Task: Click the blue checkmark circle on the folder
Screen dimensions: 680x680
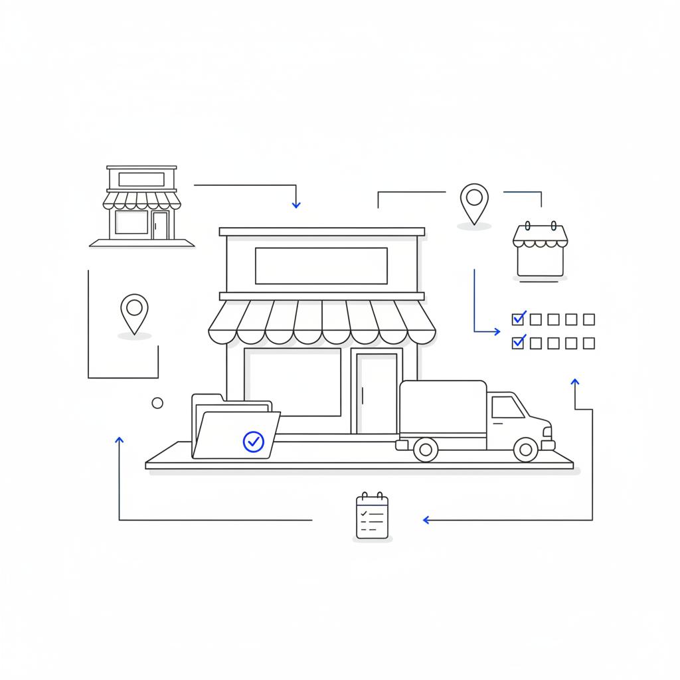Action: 254,441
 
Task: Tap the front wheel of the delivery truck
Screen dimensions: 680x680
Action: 525,450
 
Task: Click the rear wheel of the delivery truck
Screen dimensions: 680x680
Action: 426,450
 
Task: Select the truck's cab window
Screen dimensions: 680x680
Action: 508,407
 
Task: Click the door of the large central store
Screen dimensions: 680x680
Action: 377,392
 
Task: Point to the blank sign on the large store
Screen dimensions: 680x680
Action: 321,266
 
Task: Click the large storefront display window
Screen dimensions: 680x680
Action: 293,382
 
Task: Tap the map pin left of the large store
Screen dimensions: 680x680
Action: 134,311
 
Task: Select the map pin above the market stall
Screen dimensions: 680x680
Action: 473,201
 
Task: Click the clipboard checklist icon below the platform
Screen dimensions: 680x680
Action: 372,516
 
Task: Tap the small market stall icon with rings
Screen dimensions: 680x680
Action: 540,250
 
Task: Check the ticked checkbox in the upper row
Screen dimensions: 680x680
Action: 518,319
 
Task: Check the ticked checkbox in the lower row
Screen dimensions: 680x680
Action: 518,343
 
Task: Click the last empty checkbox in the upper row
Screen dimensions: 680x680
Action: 588,319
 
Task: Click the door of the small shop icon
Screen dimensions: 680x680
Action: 160,225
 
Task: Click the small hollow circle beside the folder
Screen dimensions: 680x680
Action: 157,403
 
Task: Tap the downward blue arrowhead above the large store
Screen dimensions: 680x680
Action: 296,205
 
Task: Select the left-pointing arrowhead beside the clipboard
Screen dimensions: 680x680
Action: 426,520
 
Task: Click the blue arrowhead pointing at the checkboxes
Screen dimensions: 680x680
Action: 496,331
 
